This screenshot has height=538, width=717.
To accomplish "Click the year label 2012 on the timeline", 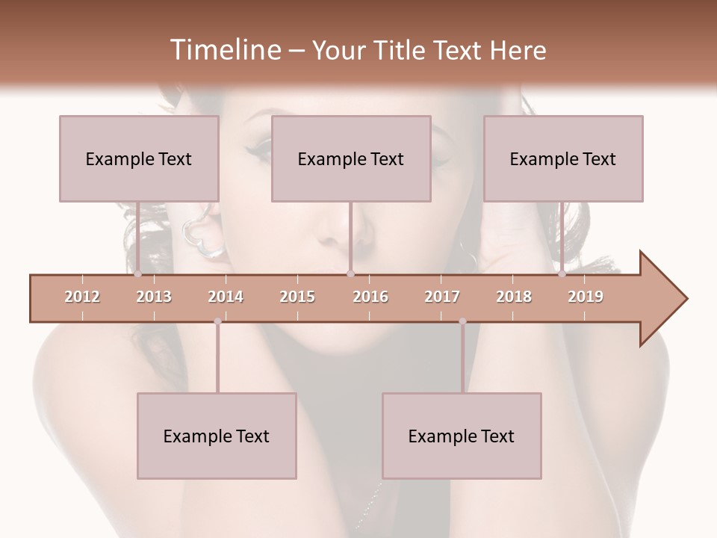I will point(82,297).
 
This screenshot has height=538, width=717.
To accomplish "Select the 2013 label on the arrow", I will point(154,297).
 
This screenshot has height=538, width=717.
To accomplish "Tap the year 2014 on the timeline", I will point(226,297).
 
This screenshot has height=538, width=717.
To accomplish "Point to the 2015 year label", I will point(297,297).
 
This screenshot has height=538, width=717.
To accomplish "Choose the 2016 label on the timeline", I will point(370,297).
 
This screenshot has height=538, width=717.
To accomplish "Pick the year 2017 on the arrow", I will point(442,297).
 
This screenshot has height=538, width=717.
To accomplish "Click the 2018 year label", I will point(514,297).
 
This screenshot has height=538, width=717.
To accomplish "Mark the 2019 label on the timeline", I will point(586,297).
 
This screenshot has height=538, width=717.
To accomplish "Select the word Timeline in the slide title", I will point(223,50).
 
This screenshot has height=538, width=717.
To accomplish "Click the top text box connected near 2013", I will point(139,158).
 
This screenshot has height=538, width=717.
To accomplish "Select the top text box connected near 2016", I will point(351,158).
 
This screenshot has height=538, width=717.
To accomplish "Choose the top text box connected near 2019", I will point(563,158).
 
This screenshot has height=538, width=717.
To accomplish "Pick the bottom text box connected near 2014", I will point(217,436).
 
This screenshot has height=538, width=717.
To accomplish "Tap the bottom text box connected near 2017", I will point(462,436).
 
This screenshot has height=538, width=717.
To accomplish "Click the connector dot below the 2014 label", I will point(217,321).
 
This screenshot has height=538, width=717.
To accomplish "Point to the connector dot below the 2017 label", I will point(462,321).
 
